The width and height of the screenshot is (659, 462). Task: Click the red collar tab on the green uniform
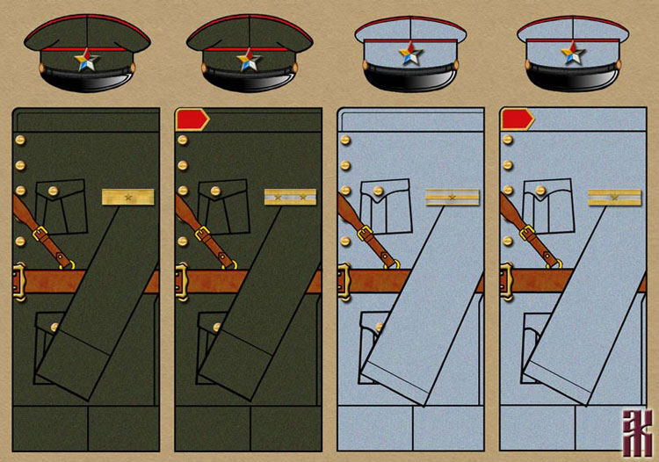[191, 119]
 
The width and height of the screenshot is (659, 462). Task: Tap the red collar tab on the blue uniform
[516, 119]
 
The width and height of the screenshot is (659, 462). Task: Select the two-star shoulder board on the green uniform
[290, 198]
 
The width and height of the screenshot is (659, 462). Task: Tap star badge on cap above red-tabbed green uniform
[249, 59]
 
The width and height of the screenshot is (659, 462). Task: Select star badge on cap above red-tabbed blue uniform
[575, 53]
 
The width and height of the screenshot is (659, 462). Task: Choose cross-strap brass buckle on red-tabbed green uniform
[203, 235]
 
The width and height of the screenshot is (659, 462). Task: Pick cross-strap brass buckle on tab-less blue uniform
[364, 235]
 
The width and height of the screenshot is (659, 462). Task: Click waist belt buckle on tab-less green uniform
[19, 281]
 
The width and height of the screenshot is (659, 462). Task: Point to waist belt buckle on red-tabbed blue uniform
[507, 281]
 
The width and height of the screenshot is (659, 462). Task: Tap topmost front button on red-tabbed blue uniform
[506, 140]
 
